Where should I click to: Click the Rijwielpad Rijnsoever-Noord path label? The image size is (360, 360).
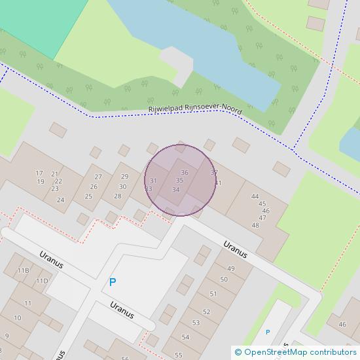click(194, 111)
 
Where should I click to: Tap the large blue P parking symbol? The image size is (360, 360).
click(113, 282)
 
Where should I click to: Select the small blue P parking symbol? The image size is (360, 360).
click(267, 333)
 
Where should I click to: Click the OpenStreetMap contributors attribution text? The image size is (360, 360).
click(295, 352)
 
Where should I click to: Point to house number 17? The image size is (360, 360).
click(39, 173)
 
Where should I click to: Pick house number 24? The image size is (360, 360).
click(60, 200)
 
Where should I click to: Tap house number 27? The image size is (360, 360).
click(98, 177)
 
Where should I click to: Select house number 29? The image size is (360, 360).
click(124, 177)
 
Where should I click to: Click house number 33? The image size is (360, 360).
click(148, 189)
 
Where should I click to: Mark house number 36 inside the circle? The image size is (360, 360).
click(185, 173)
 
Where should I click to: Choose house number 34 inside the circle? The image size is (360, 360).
click(175, 190)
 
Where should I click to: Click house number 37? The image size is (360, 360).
click(213, 173)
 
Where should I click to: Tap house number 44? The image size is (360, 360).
click(255, 196)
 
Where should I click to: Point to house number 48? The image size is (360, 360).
click(255, 225)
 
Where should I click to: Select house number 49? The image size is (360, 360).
click(230, 268)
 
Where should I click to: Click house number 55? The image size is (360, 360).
click(179, 355)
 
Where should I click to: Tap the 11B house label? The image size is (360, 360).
click(24, 270)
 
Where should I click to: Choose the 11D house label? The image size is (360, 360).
click(42, 281)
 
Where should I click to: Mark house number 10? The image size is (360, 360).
click(17, 318)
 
